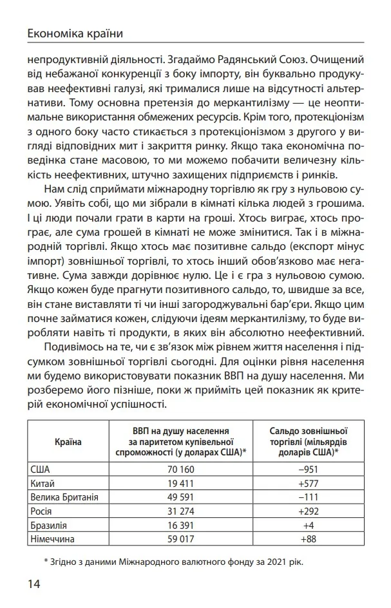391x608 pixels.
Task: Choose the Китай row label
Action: click(x=43, y=482)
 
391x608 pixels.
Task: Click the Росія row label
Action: click(x=41, y=511)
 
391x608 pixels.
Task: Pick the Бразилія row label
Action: click(x=48, y=525)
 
